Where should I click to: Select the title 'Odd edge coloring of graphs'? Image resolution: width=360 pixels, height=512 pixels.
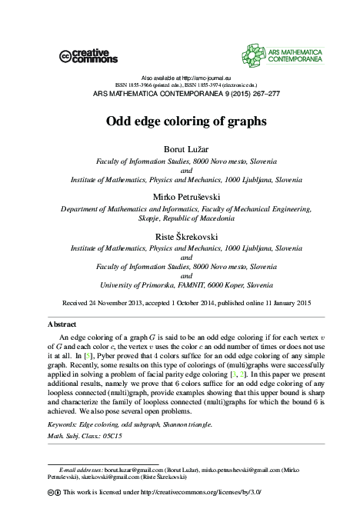coord(180,121)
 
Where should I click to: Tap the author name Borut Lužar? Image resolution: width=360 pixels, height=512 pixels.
coord(180,148)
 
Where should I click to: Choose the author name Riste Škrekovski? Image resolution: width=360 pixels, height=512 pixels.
coord(180,237)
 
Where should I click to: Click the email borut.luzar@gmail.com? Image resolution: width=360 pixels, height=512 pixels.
coord(135,467)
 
